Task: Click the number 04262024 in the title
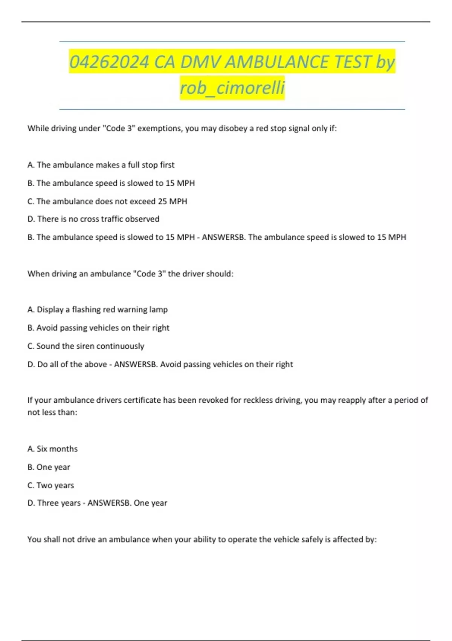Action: click(x=109, y=62)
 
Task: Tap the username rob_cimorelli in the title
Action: click(x=232, y=87)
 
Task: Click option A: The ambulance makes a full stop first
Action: click(x=101, y=165)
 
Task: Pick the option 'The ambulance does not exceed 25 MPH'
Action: click(x=107, y=201)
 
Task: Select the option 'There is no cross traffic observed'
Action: click(x=93, y=219)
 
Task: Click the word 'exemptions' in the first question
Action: click(x=159, y=129)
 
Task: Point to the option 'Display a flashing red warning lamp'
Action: click(x=98, y=310)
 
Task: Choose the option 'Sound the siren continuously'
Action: click(x=86, y=346)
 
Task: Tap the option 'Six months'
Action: click(x=52, y=449)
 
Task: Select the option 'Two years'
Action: click(x=51, y=485)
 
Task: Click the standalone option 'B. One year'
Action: click(x=49, y=467)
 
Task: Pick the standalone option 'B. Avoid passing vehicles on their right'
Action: click(x=98, y=328)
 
